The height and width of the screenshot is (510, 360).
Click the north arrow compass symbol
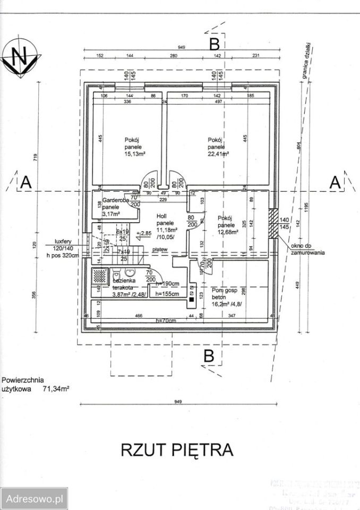(x=20, y=57)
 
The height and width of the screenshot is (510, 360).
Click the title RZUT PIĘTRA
(x=177, y=449)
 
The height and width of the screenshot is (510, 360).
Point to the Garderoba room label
(x=112, y=201)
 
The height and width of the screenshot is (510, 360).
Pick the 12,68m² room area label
(x=227, y=232)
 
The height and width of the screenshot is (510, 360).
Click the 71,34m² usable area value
(x=57, y=389)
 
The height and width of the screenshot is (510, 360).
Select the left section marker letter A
(x=25, y=182)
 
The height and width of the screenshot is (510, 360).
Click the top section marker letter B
(x=214, y=42)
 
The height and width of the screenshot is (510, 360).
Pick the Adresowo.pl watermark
(x=34, y=499)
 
